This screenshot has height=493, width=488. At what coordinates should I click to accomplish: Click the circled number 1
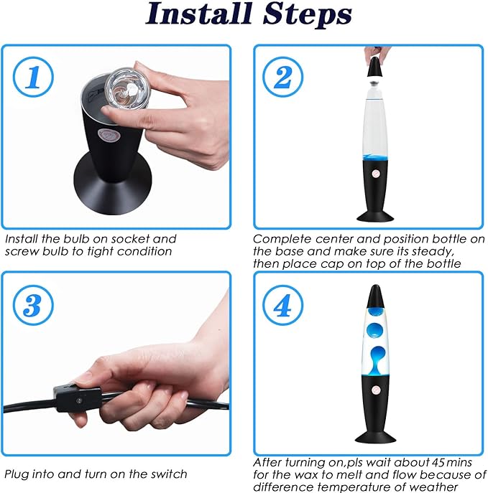pyautogui.click(x=33, y=77)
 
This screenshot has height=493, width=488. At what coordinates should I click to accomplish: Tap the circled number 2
pyautogui.click(x=282, y=77)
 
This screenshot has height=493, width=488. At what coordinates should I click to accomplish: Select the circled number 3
pyautogui.click(x=33, y=305)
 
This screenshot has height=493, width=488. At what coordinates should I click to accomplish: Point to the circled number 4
pyautogui.click(x=282, y=305)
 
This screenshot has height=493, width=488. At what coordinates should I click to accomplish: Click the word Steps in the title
pyautogui.click(x=308, y=14)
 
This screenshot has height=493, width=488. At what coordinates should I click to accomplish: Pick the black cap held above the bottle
pyautogui.click(x=375, y=67)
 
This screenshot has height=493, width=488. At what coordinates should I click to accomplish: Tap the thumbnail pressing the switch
pyautogui.click(x=83, y=377)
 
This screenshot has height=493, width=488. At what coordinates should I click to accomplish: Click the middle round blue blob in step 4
pyautogui.click(x=374, y=330)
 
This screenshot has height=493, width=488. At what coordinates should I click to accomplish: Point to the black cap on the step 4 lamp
pyautogui.click(x=375, y=296)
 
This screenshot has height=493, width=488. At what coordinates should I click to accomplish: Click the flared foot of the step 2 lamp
pyautogui.click(x=375, y=216)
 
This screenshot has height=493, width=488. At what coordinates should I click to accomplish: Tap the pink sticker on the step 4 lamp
pyautogui.click(x=376, y=390)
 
